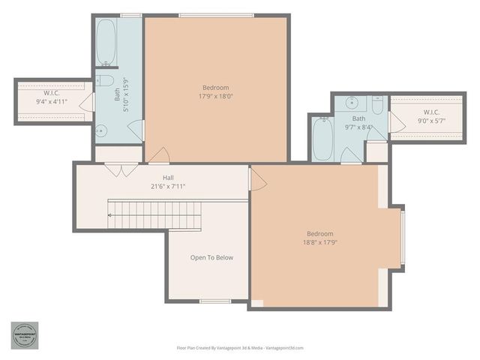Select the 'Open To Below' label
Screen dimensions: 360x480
tap(211, 258)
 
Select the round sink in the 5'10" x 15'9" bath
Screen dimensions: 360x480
tap(103, 130)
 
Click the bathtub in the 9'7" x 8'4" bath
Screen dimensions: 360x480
tap(321, 140)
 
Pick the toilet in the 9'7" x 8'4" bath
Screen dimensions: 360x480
tap(376, 104)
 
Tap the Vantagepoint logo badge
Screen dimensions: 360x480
tap(24, 335)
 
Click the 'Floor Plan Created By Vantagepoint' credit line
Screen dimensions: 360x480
tap(240, 348)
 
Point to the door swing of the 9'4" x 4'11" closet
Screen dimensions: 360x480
tap(86, 103)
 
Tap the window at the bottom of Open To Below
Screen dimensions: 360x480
tap(215, 301)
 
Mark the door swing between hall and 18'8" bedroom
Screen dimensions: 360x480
tap(257, 178)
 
